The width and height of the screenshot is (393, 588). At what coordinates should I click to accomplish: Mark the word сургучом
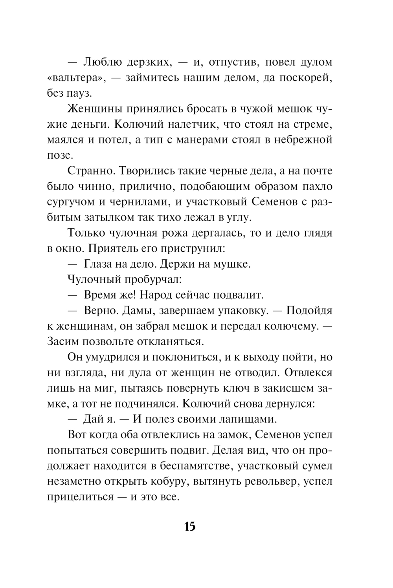(70, 202)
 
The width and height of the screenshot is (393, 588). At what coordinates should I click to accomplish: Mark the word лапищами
(248, 419)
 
